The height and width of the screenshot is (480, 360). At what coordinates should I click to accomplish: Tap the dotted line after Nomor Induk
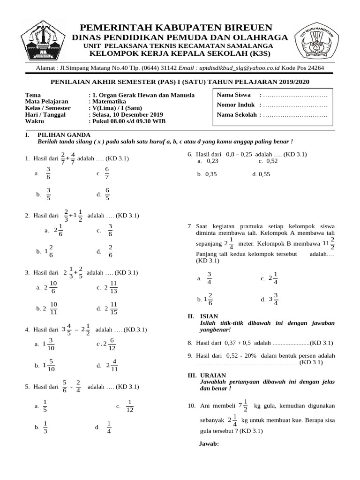point(295,105)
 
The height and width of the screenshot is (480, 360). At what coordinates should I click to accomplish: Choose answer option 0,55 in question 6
point(261,174)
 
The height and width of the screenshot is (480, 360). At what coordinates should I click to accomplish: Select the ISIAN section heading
point(209,317)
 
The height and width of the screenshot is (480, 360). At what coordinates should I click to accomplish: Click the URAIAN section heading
point(212,375)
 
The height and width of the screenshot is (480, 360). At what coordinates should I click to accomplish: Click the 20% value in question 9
point(249,356)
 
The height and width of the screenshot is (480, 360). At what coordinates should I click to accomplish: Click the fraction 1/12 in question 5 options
point(130,405)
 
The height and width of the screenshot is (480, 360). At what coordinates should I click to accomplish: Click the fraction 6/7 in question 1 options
point(107,173)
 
